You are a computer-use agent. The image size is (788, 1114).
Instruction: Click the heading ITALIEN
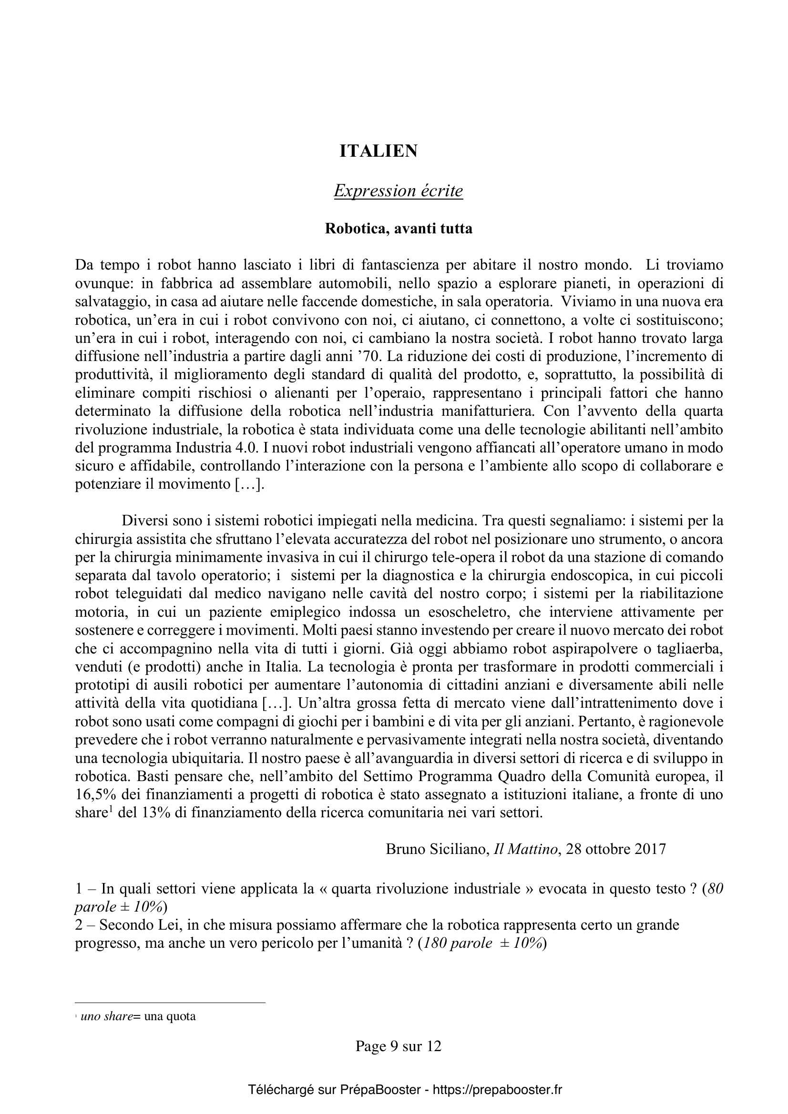378,151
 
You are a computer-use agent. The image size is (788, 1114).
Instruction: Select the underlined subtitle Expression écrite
398,191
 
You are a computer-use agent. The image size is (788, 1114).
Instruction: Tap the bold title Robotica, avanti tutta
398,229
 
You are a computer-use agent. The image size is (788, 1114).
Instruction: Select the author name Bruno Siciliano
437,849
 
